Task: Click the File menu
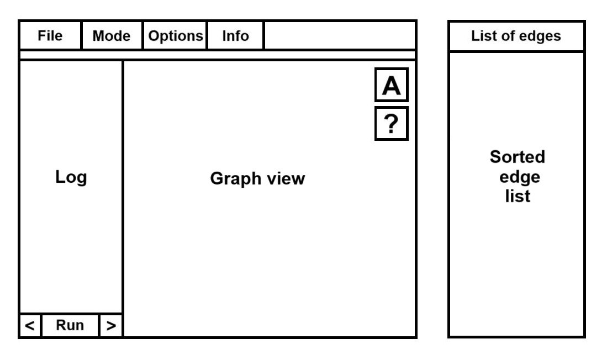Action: (x=50, y=35)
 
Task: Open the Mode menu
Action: (x=112, y=35)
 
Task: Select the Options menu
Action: (x=176, y=35)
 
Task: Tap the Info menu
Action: (x=235, y=35)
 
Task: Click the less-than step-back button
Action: (x=30, y=326)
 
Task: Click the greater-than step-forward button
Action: (x=111, y=326)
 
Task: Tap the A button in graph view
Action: (x=392, y=85)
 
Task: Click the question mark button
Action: (x=392, y=124)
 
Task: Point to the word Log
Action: (x=71, y=177)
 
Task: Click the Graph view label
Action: (x=257, y=178)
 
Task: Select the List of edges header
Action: (x=516, y=36)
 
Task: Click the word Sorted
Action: (x=517, y=157)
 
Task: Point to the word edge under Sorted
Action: (x=519, y=177)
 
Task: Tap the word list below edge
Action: (x=518, y=196)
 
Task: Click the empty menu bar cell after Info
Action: (x=340, y=35)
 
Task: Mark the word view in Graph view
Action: (x=286, y=178)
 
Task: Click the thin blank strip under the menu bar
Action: (x=218, y=55)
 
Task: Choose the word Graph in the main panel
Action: (x=236, y=179)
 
